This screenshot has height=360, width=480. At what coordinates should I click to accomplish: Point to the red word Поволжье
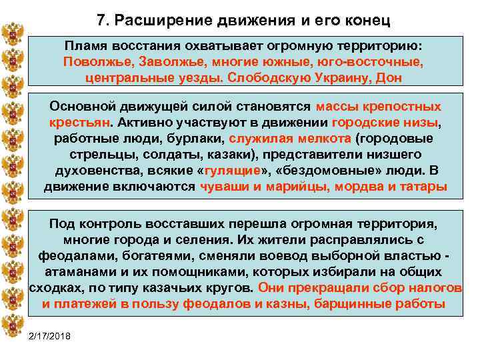coord(95,61)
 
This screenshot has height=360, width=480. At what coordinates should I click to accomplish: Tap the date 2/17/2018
coord(54,334)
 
